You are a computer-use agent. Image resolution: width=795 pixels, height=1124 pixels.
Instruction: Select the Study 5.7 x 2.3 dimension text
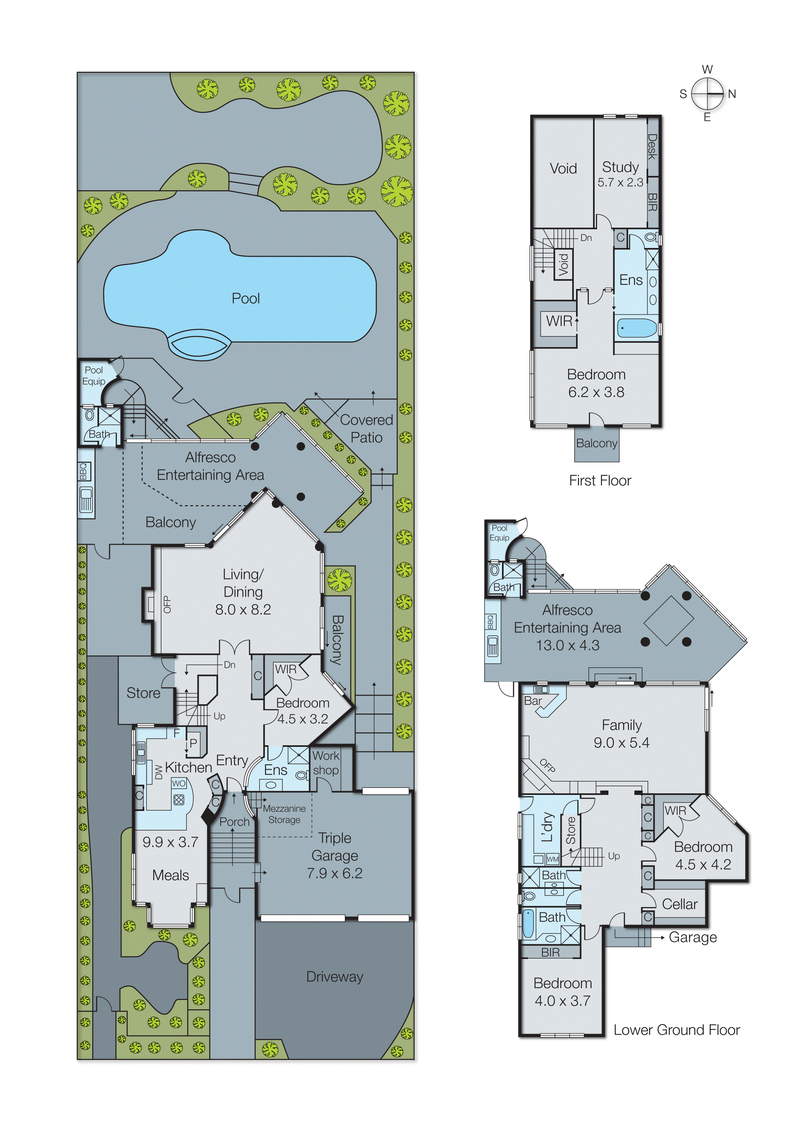pos(620,183)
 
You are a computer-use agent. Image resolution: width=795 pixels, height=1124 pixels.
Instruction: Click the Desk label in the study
pos(652,146)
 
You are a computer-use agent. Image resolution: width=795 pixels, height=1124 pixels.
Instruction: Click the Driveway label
pos(335,976)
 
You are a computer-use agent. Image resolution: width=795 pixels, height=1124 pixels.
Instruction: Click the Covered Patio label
pos(366,428)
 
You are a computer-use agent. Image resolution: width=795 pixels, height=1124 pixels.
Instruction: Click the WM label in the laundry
pos(553,859)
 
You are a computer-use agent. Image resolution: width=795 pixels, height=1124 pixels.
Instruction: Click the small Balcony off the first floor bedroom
pos(596,443)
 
